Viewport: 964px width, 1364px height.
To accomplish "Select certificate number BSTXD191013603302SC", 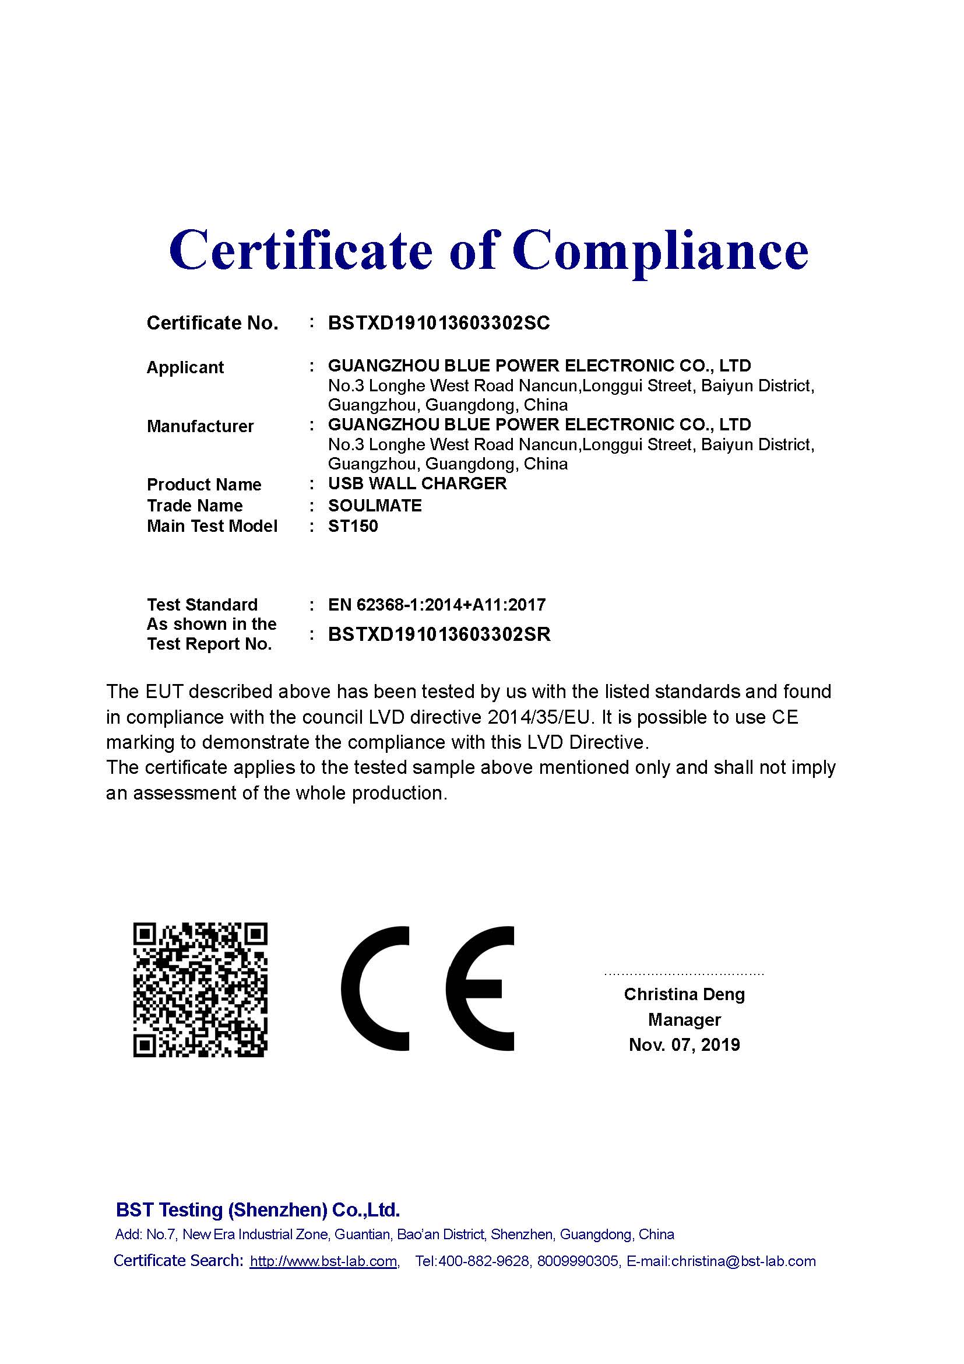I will pos(439,323).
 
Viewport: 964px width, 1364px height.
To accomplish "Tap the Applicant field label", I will pos(185,368).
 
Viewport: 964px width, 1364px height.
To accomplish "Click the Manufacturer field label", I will pos(200,426).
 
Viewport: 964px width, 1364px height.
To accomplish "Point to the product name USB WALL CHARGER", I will pos(417,483).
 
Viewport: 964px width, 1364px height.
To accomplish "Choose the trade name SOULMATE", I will pos(375,506).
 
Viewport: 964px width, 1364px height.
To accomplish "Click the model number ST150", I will pos(353,527).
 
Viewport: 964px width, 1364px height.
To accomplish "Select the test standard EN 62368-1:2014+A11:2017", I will pos(437,605).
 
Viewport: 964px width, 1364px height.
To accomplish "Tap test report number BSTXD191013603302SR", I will pos(439,634).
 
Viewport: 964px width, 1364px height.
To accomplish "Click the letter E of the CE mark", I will pos(480,988).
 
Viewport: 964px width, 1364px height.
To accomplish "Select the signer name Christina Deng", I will pos(684,994).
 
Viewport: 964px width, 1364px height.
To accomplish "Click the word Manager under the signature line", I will pos(684,1019).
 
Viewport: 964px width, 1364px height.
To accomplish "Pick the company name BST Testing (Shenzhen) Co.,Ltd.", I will pos(258,1210).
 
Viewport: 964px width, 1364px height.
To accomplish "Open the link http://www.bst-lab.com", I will pos(323,1261).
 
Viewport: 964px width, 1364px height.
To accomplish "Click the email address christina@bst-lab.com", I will pos(743,1261).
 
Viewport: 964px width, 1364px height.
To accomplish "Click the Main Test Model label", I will pos(212,527).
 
